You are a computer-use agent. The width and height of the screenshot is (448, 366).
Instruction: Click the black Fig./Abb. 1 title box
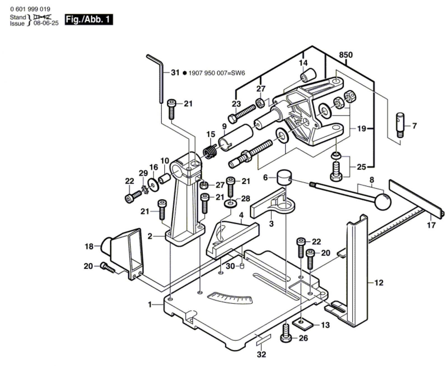tap(89, 20)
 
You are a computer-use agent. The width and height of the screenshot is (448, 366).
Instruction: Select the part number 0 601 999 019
tap(30, 9)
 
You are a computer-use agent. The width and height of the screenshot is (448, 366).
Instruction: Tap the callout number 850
tap(346, 55)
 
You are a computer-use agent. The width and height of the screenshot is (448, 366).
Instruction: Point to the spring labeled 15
tap(210, 152)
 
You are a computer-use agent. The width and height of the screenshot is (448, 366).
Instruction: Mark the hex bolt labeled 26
tap(286, 334)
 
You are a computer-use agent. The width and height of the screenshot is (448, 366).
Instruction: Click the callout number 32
tap(261, 355)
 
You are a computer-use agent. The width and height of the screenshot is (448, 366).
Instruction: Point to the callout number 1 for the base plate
tap(150, 304)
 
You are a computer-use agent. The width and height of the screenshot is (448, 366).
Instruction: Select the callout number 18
tap(89, 247)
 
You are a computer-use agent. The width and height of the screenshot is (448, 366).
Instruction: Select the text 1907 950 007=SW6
tap(217, 73)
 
